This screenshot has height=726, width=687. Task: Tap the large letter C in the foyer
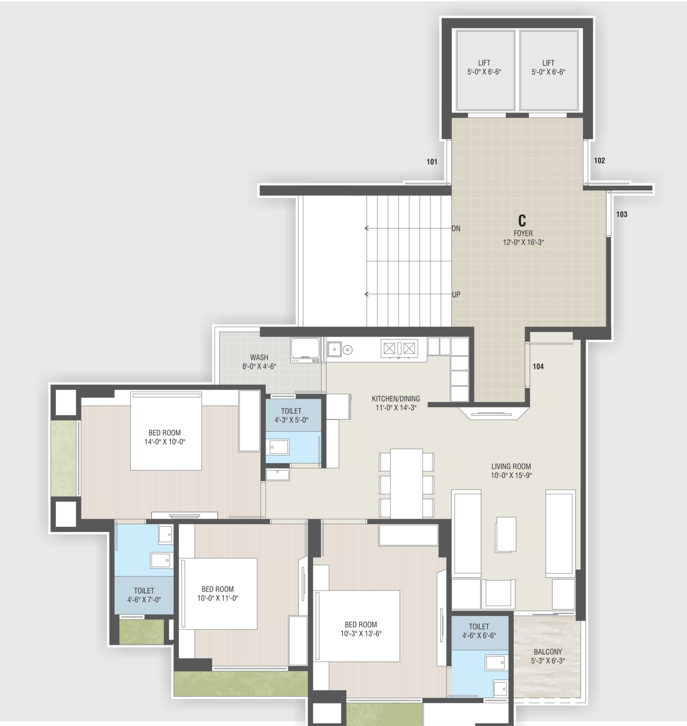[x=522, y=220]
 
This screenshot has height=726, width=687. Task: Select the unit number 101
[x=432, y=162]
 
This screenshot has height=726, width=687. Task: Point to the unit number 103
[x=622, y=214]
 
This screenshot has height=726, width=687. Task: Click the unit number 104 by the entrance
[x=538, y=366]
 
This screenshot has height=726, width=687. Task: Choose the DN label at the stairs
[x=456, y=228]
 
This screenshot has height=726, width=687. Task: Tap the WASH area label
[x=259, y=357]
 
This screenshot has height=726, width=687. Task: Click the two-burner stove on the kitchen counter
[x=399, y=348]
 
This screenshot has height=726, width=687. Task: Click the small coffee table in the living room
[x=506, y=534]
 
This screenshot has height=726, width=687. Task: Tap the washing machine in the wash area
[x=305, y=350]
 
